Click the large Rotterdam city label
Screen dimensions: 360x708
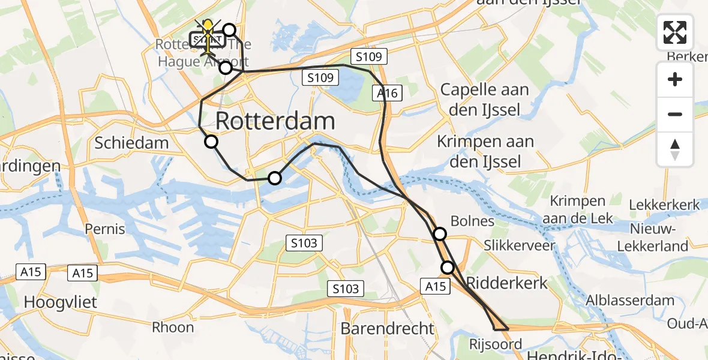pos(275,121)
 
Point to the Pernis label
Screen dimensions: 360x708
pos(105,229)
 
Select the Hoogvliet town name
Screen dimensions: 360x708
pos(60,302)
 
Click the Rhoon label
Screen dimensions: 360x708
pos(173,327)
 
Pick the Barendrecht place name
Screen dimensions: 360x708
pos(387,328)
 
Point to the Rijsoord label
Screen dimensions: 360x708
pos(496,344)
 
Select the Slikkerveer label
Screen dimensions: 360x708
pos(520,245)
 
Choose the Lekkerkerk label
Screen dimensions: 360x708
pos(664,205)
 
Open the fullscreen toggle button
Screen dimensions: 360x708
pos(675,32)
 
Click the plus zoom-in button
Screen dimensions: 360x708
pos(675,79)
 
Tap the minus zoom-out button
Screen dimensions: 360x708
pos(675,114)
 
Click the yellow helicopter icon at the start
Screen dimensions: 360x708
pos(208,29)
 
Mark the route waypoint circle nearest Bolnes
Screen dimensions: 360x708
pos(440,234)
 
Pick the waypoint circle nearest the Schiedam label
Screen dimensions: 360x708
pos(211,142)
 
